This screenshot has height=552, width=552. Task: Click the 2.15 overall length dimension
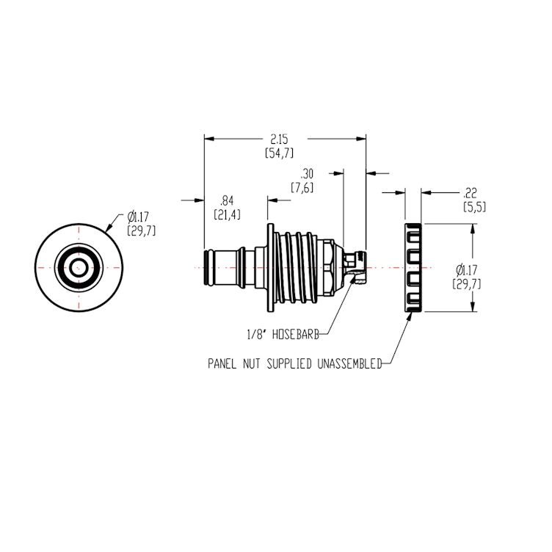pyautogui.click(x=279, y=139)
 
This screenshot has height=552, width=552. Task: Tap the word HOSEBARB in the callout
pyautogui.click(x=297, y=334)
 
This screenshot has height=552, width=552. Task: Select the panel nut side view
pyautogui.click(x=413, y=267)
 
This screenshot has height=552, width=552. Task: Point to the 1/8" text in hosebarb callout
pyautogui.click(x=258, y=334)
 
